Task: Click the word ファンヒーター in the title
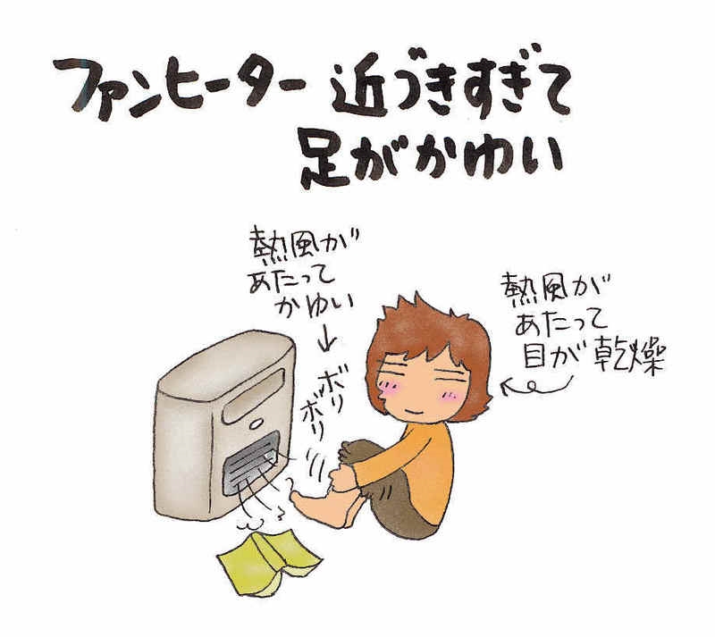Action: (179, 86)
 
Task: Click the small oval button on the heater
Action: (256, 424)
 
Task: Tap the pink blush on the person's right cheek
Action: (450, 397)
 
